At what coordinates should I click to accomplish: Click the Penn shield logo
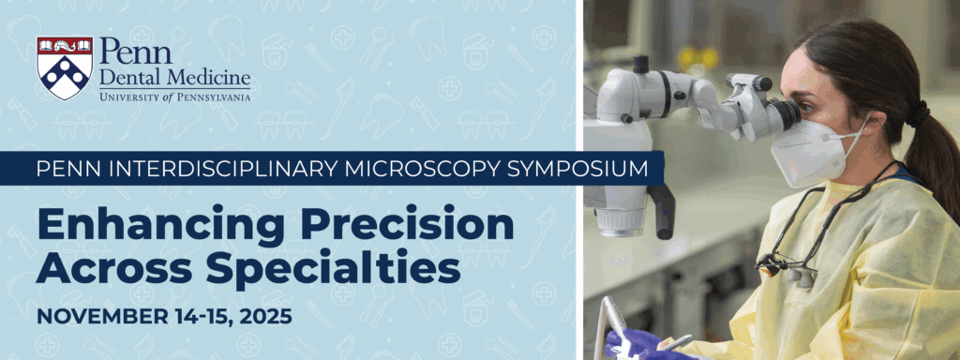(65, 67)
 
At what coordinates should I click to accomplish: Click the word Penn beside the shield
(135, 51)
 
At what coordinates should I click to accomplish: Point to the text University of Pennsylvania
(174, 96)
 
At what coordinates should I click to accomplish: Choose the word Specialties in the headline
(334, 271)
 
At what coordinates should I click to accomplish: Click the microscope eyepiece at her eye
(783, 113)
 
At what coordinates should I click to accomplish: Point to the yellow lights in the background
(697, 59)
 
